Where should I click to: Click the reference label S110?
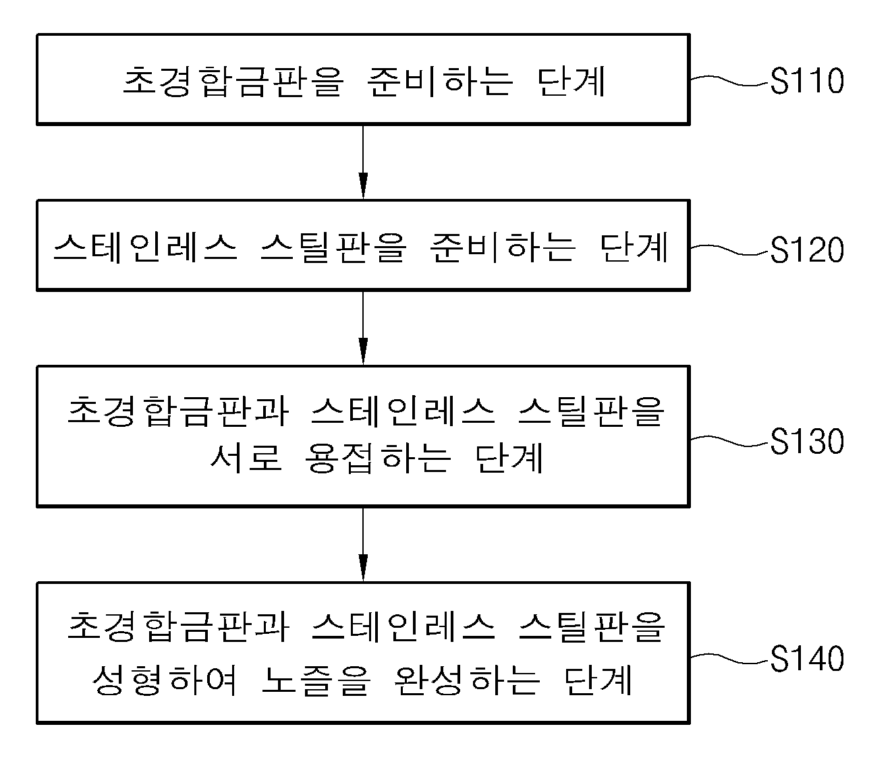807,81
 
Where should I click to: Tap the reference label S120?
807,249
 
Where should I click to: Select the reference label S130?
807,441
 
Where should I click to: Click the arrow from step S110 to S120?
363,163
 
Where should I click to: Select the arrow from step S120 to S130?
363,328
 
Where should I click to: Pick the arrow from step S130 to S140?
363,545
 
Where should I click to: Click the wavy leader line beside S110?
730,81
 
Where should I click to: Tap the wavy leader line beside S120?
730,249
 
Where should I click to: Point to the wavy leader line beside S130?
730,441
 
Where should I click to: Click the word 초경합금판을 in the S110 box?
233,82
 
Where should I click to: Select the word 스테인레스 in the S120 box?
146,247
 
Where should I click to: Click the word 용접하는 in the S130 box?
378,458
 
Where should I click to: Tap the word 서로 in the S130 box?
246,458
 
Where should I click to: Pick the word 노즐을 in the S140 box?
316,680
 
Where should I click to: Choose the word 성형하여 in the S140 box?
165,680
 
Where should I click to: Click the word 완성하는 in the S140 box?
467,680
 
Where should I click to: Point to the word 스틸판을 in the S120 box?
333,247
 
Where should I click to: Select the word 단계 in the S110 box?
572,82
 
